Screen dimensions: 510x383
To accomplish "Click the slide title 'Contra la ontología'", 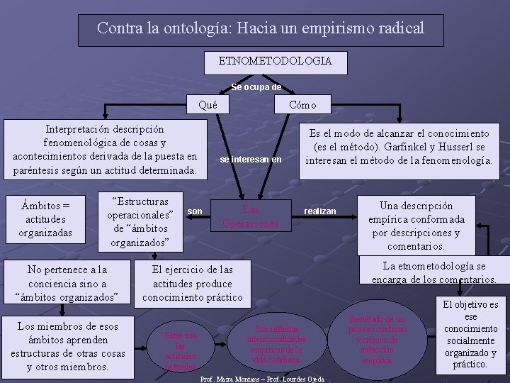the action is [x=261, y=28].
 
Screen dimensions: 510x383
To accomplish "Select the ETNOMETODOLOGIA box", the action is [x=275, y=61].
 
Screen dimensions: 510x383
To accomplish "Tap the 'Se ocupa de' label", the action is [x=256, y=87].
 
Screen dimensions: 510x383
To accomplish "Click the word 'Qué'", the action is [x=208, y=105].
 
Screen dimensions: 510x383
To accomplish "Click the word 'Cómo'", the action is [x=302, y=105].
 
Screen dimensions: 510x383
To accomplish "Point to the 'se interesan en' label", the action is [x=251, y=160].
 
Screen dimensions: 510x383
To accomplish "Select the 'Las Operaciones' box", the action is [x=251, y=216].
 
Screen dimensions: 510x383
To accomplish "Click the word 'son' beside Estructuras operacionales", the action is [x=195, y=211].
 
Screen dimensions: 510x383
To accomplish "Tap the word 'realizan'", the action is [x=320, y=211].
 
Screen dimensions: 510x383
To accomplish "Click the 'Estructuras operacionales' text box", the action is [x=140, y=220].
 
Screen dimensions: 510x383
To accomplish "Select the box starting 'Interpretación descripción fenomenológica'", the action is [x=105, y=150].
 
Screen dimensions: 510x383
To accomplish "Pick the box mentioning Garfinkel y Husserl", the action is [x=398, y=147].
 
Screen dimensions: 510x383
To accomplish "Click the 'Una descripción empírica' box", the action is [x=416, y=226].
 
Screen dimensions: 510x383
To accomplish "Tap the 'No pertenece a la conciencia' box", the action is [x=67, y=282].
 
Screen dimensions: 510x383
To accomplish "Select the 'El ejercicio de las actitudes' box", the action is [x=192, y=282].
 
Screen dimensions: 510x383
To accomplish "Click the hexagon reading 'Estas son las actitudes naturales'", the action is [x=181, y=350].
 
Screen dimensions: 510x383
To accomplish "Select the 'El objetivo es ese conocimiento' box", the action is [x=470, y=335].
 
